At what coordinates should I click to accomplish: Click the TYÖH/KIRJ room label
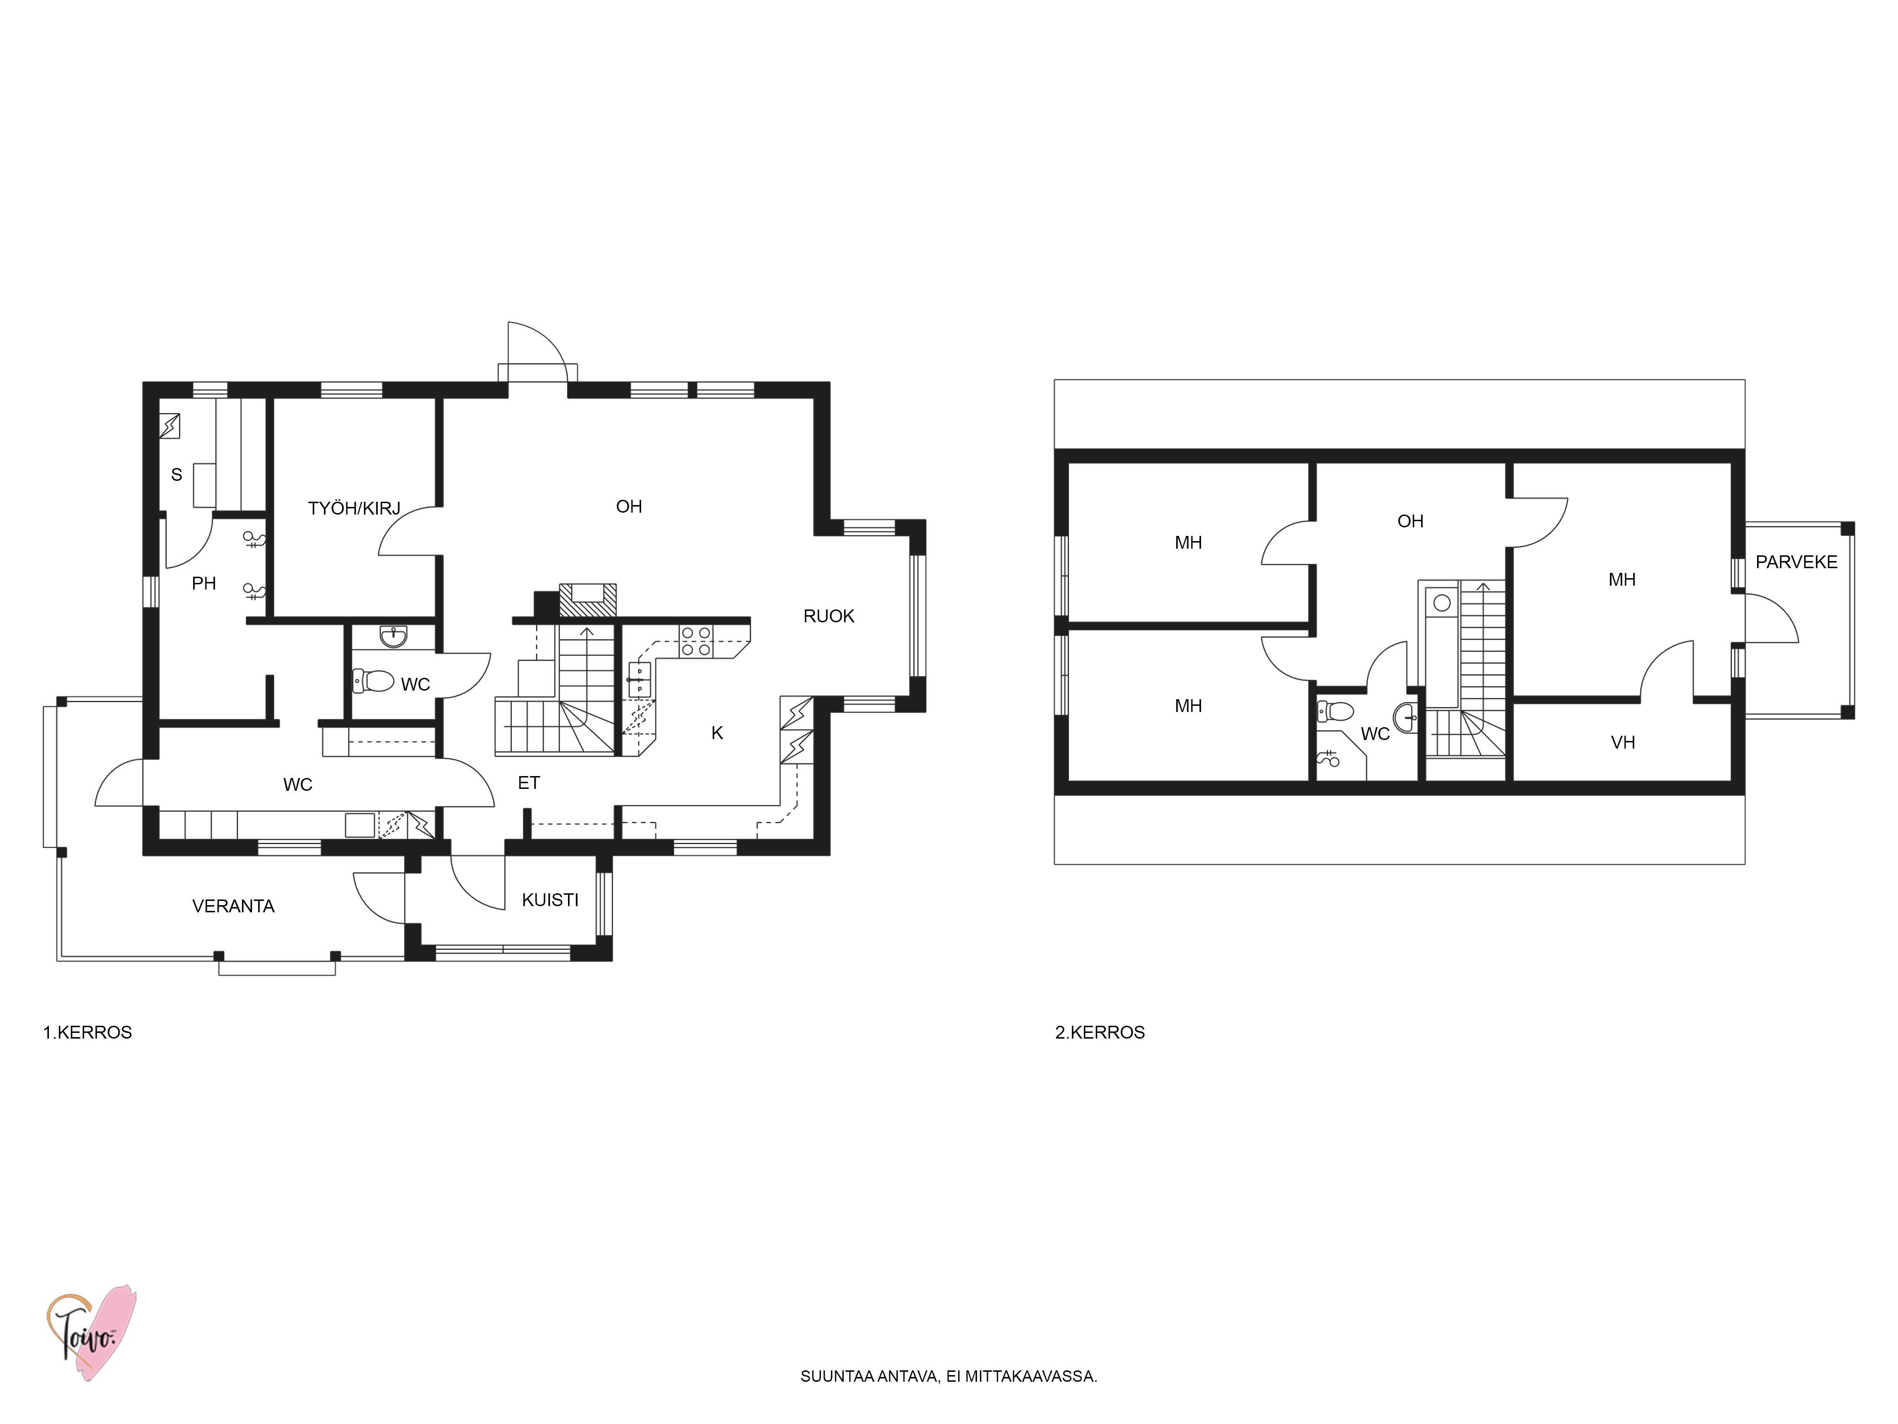click(x=354, y=508)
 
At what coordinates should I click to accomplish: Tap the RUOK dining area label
click(x=829, y=616)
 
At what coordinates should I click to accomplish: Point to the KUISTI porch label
click(x=550, y=899)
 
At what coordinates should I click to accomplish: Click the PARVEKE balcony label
click(x=1797, y=562)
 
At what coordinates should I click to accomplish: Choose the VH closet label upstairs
click(x=1623, y=742)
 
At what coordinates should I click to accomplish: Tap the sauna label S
click(x=177, y=475)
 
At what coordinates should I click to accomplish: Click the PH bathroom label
click(x=204, y=584)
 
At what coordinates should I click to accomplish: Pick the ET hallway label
click(x=529, y=783)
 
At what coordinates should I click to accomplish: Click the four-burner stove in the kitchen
click(x=696, y=641)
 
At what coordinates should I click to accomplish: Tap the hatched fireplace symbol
click(x=588, y=599)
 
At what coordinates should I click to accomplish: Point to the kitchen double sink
click(x=639, y=679)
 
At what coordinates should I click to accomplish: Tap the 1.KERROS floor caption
click(x=87, y=1032)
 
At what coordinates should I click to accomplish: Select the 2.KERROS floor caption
click(x=1100, y=1032)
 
